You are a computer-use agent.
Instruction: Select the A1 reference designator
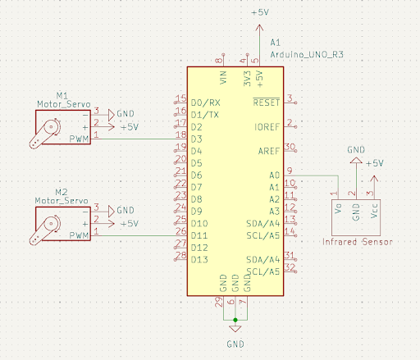tap(276, 40)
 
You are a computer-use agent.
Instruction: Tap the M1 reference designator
tap(62, 95)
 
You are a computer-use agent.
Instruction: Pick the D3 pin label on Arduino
tap(197, 139)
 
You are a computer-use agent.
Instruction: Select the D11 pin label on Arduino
tap(199, 235)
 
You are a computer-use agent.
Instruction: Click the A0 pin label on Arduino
tap(274, 175)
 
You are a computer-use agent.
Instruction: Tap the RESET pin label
tap(267, 103)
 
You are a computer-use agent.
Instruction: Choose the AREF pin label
tap(269, 151)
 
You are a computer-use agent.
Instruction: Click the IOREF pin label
tap(267, 127)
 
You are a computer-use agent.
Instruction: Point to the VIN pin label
tap(223, 78)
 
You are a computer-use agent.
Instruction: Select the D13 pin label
tap(199, 259)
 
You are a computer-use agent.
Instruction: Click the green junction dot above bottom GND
tap(235, 318)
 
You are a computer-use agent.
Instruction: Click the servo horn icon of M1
tap(47, 132)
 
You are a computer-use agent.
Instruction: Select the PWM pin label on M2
tap(80, 235)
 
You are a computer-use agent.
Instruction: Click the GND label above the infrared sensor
tap(355, 150)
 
